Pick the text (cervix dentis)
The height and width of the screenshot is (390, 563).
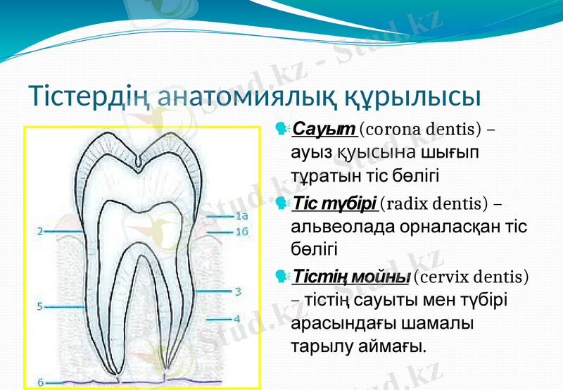point(472,275)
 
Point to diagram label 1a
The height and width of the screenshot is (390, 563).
point(241,217)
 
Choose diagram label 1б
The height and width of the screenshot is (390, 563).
point(241,231)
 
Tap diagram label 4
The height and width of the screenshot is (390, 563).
point(237,318)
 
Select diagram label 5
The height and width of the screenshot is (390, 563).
point(40,306)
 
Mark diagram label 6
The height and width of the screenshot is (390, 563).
point(40,382)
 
